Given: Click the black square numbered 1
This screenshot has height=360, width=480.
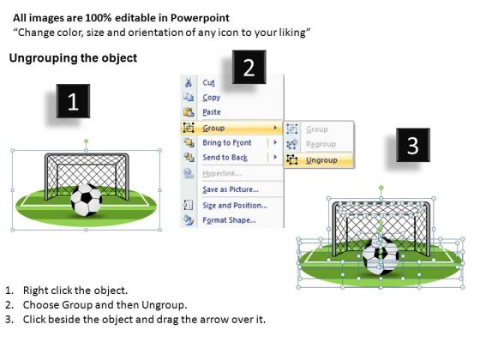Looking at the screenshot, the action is pos(73,101).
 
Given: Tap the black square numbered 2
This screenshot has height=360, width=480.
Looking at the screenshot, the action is pos(249,67).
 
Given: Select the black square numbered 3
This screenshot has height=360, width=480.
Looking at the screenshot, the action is pos(413,145).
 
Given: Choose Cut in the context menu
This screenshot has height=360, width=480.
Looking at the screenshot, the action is pos(208,82).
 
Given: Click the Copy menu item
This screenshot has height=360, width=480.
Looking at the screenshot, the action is pos(211,98).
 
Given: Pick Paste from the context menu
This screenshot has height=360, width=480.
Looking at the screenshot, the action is pos(212,112).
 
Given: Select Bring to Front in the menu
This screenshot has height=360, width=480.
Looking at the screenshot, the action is pos(227,142).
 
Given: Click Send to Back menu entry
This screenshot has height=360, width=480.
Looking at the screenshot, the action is pos(225,158).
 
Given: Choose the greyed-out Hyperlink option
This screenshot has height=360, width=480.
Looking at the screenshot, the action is pos(222,173).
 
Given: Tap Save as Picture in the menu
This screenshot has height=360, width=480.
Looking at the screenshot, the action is pos(231,189).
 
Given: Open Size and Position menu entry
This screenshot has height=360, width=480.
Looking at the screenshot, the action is pos(235,206).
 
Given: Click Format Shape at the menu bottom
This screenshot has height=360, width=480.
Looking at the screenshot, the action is pos(230,220).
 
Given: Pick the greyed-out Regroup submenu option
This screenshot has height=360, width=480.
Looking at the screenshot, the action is pos(321,144).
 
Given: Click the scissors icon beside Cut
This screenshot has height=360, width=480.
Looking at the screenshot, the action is pos(189,82).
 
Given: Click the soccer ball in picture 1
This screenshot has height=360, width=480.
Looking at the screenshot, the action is pos(87,200).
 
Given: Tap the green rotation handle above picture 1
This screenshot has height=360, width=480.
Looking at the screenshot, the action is pos(87,141).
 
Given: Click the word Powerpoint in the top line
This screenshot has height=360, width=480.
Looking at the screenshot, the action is pos(200,18).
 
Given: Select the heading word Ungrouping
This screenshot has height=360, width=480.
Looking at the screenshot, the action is pos(43,58).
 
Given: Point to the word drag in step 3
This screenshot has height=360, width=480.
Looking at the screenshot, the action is pos(167,320).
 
